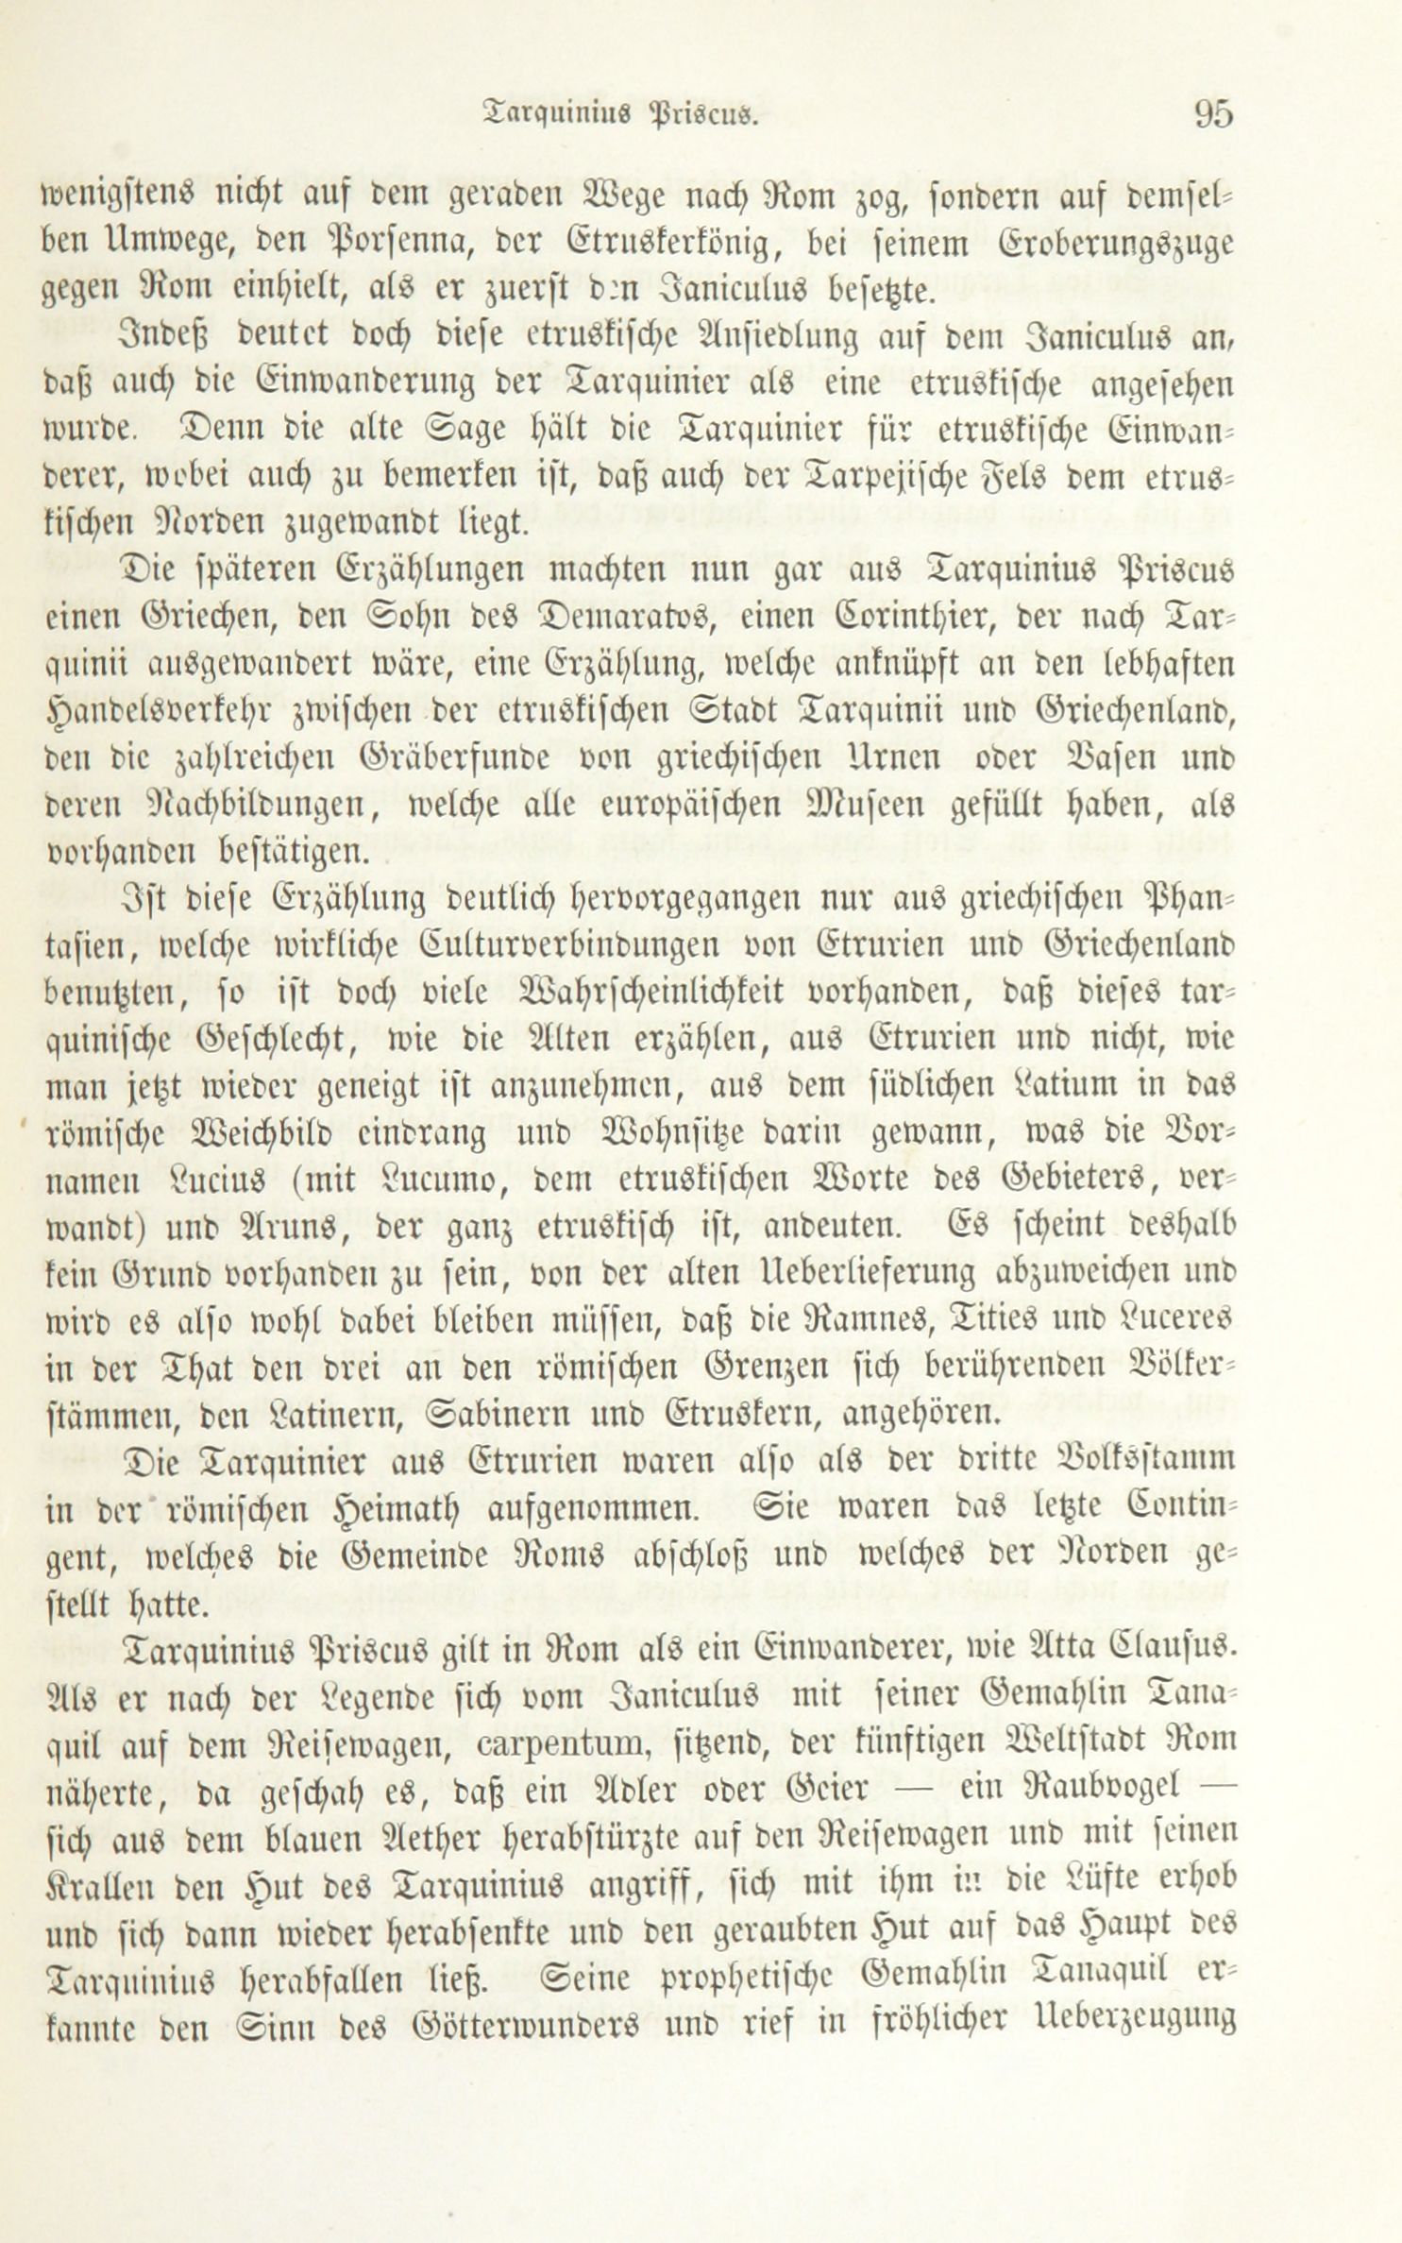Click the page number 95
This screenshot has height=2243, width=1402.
1212,114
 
